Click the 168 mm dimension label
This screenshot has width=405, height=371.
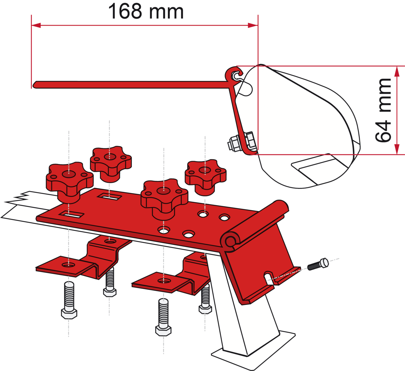pos(146,12)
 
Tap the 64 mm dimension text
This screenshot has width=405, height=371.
pos(382,110)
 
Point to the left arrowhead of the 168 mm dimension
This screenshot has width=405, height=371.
pos(36,25)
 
